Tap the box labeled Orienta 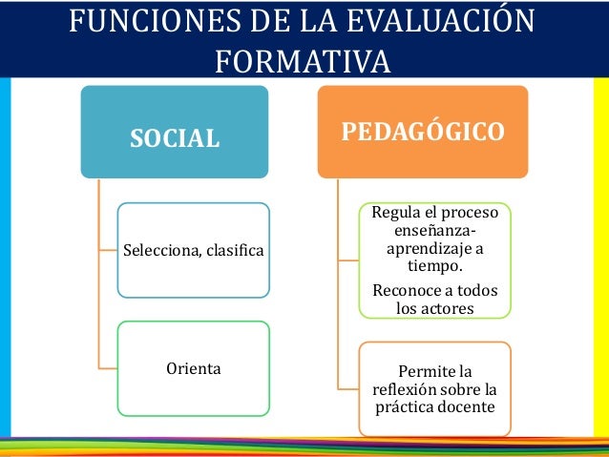tap(194, 367)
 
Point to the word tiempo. tap(434, 266)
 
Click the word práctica tap(400, 407)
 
